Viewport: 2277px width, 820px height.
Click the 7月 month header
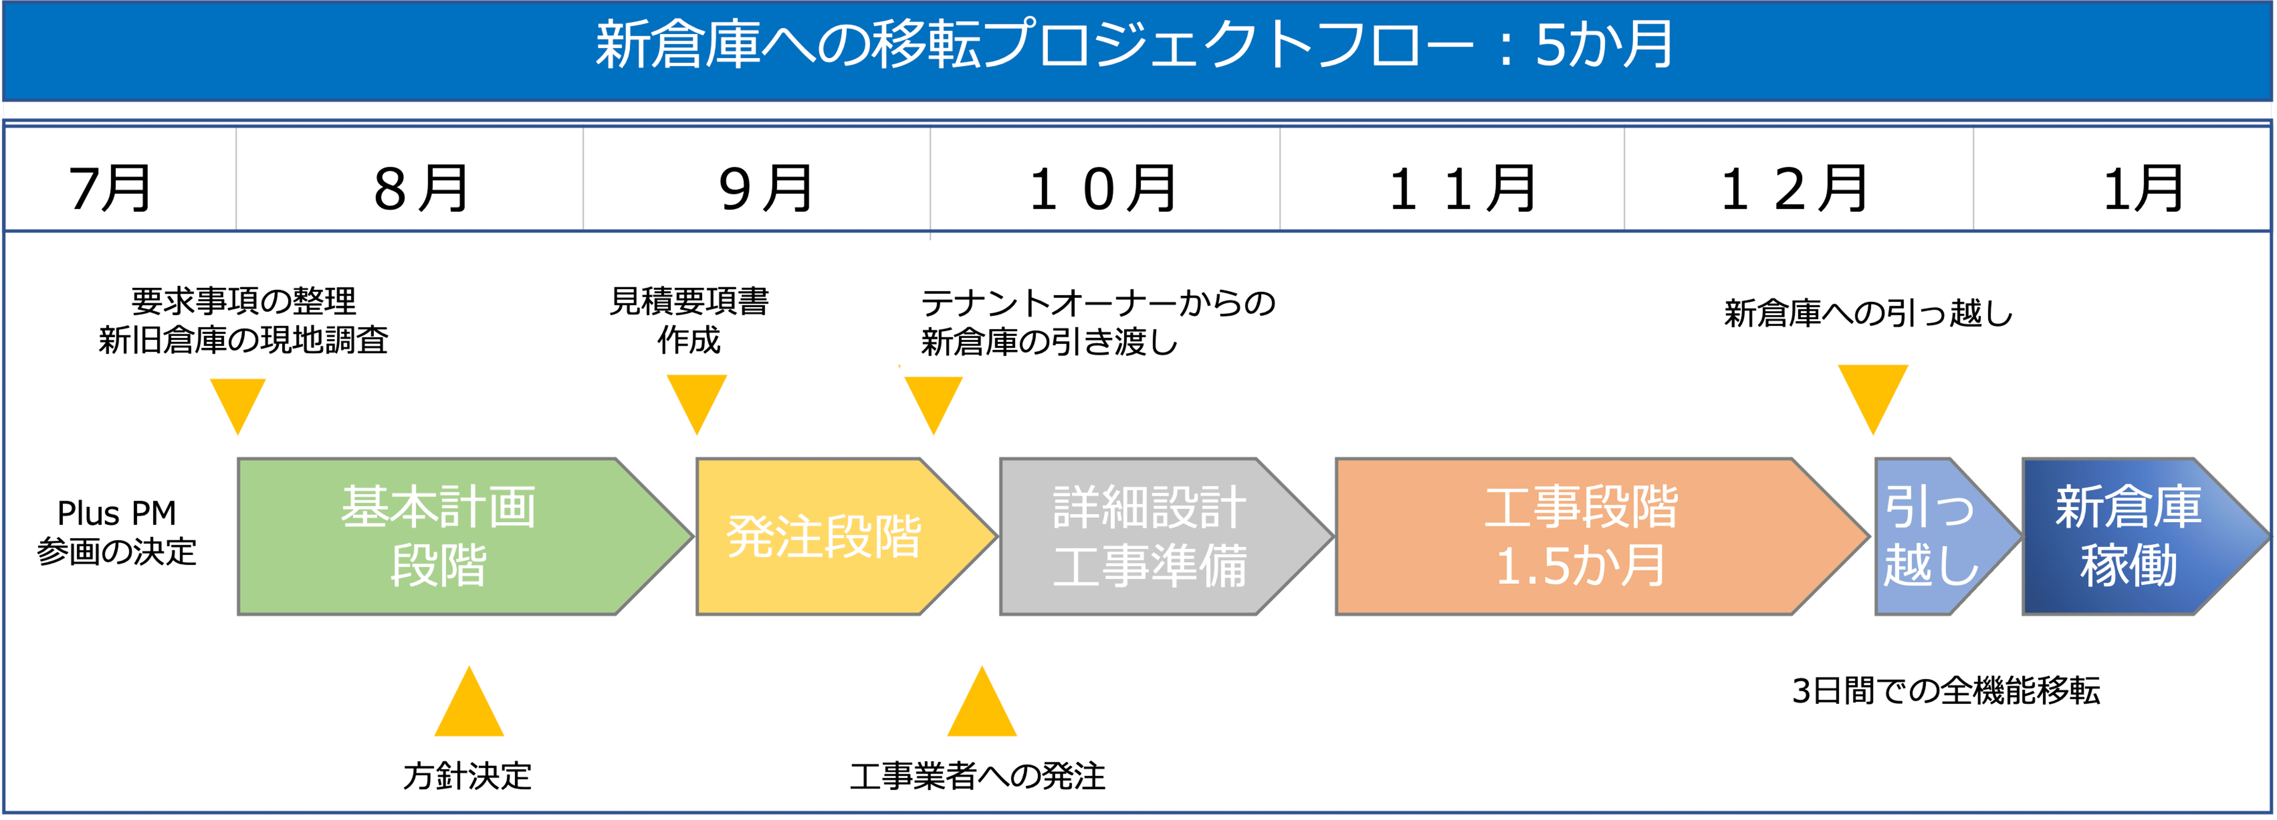pyautogui.click(x=110, y=188)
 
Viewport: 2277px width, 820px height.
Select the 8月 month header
pyautogui.click(x=421, y=188)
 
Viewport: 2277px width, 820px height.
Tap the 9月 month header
pyautogui.click(x=765, y=188)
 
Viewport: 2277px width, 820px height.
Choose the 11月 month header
pyautogui.click(x=1463, y=188)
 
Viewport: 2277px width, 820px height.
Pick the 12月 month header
pyautogui.click(x=1794, y=188)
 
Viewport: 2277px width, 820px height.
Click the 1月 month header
pyautogui.click(x=2143, y=188)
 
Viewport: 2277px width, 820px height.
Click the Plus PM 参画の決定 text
pyautogui.click(x=117, y=532)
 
